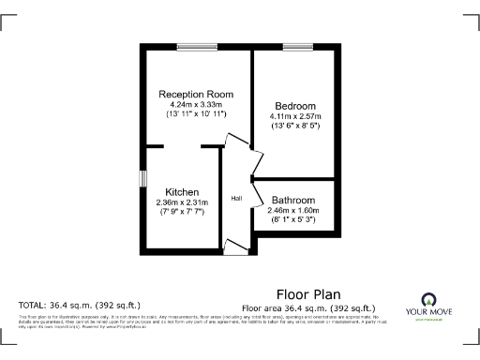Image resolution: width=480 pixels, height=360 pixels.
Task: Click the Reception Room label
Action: pyautogui.click(x=196, y=95)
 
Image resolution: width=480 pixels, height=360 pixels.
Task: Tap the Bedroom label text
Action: pyautogui.click(x=295, y=105)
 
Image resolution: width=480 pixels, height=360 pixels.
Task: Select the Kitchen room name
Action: pyautogui.click(x=180, y=191)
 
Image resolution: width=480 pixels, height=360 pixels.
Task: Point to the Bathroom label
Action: pyautogui.click(x=293, y=200)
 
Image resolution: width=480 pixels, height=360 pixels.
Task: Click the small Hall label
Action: pyautogui.click(x=237, y=198)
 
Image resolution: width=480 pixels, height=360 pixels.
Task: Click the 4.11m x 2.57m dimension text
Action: pyautogui.click(x=295, y=115)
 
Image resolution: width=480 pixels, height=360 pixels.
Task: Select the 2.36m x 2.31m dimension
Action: pyautogui.click(x=180, y=202)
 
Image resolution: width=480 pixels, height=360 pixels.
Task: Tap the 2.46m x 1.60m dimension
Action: pyautogui.click(x=293, y=210)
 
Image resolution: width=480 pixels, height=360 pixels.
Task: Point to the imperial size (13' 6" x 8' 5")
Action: pyautogui.click(x=295, y=126)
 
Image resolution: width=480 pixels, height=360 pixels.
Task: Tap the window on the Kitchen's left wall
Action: pyautogui.click(x=142, y=177)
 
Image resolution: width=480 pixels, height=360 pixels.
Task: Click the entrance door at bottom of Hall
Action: pyautogui.click(x=236, y=247)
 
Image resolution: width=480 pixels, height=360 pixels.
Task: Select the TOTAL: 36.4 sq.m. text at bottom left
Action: pyautogui.click(x=80, y=306)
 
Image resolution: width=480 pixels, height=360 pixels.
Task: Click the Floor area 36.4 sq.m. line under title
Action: pyautogui.click(x=308, y=307)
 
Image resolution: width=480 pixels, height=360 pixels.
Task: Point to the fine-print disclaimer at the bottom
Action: pyautogui.click(x=197, y=322)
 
